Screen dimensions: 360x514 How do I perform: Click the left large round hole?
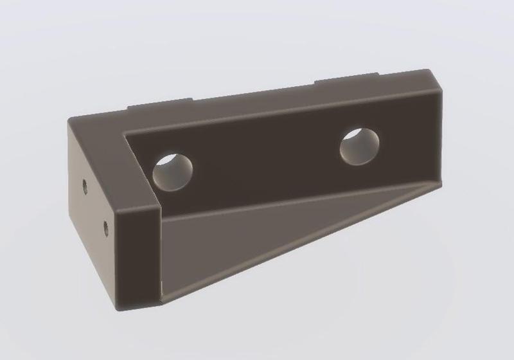[x=173, y=172]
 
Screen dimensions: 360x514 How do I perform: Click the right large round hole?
[x=359, y=146]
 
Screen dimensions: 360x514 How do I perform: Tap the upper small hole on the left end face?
[x=85, y=186]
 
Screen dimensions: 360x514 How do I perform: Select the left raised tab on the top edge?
[x=160, y=104]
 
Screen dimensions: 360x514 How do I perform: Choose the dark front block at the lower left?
[x=138, y=257]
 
